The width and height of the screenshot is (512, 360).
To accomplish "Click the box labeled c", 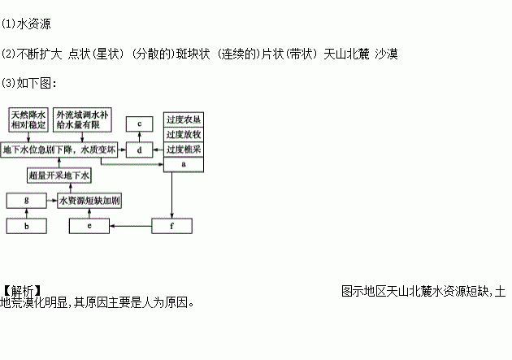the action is pos(140,124).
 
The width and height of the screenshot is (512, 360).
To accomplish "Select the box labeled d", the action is pos(140,150).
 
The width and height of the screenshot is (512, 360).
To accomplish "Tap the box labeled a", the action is pos(184,164).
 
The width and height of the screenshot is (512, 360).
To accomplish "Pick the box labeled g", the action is pos(27,199).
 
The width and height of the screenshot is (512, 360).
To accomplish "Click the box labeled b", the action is pos(27,225).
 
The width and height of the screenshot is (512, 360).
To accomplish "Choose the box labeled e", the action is pos(90,225).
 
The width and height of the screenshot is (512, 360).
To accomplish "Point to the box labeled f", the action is pos(171,225).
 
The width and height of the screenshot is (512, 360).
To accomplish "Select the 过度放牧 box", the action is pos(184,135).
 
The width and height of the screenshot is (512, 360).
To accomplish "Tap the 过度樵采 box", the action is pos(184,150).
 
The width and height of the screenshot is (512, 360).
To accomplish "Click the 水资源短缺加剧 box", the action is pos(90,199).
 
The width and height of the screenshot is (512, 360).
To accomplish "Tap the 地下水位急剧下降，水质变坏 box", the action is pos(59,150).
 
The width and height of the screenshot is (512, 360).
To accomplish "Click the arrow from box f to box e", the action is pos(131,225).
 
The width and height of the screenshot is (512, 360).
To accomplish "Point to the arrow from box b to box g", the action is pos(27,212).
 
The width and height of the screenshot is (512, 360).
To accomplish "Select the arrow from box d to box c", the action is pos(140,137).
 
